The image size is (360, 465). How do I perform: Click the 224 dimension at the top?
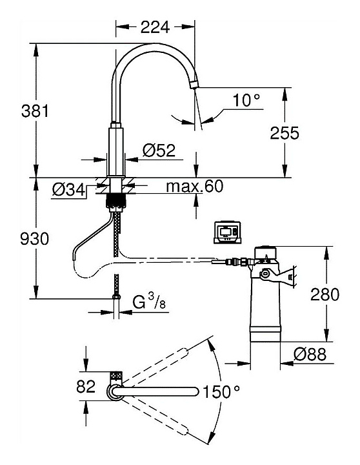[x=155, y=27]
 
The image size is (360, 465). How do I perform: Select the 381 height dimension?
[x=35, y=112]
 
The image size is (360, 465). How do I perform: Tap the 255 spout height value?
[x=285, y=133]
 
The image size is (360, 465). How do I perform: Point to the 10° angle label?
[x=246, y=100]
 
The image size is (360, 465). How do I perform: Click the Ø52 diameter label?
[x=159, y=150]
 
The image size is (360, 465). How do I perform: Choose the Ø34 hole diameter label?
[x=69, y=189]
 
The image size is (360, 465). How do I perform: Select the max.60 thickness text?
[x=195, y=186]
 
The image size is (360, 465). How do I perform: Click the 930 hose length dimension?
[x=34, y=239]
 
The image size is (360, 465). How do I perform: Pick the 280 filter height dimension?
[x=325, y=294]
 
